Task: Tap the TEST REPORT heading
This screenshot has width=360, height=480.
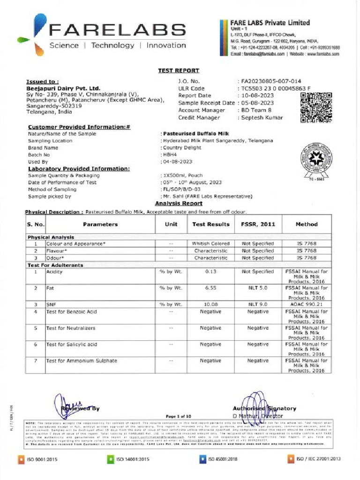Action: (x=178, y=70)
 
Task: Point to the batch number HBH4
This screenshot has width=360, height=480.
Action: (x=170, y=154)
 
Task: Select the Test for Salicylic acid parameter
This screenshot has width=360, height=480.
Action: (x=72, y=345)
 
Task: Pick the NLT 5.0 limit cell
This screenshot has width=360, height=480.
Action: (x=257, y=288)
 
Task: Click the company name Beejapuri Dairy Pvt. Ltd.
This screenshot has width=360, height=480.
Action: (x=63, y=88)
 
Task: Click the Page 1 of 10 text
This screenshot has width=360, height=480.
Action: (x=179, y=416)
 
